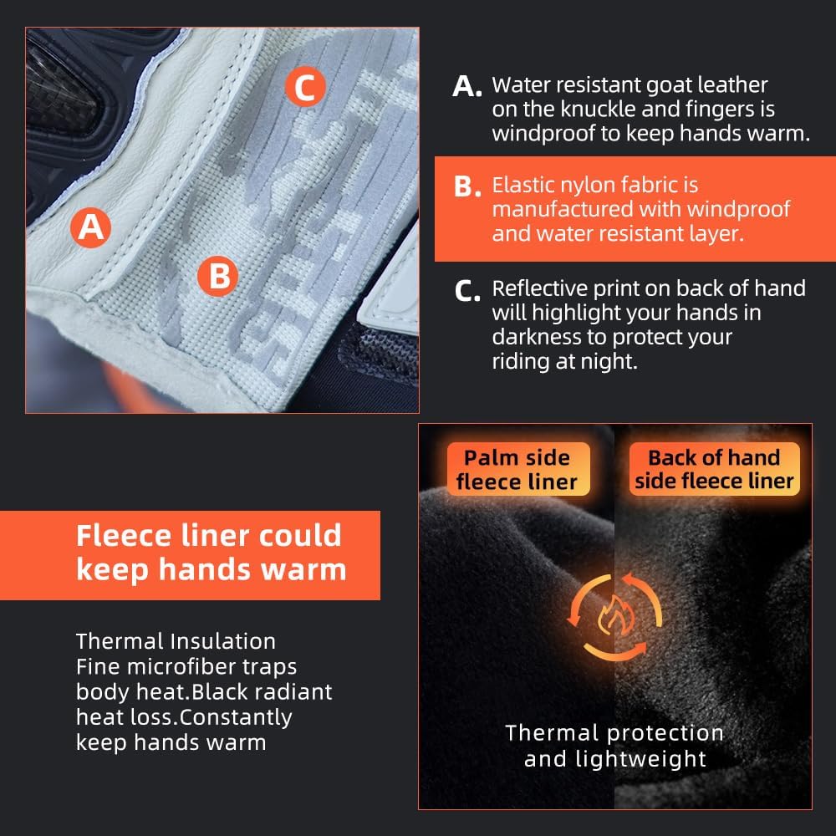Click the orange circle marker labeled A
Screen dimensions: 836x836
pyautogui.click(x=90, y=227)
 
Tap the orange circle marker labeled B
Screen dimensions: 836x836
pyautogui.click(x=217, y=276)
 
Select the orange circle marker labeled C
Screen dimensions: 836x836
pyautogui.click(x=305, y=87)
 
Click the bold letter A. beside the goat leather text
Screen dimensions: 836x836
pyautogui.click(x=467, y=86)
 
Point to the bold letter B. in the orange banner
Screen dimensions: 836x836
pyautogui.click(x=467, y=186)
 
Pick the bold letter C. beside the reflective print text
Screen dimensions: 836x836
pyautogui.click(x=467, y=291)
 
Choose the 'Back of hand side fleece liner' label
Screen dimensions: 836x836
pyautogui.click(x=715, y=469)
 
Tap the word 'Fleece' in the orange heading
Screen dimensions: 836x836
pyautogui.click(x=125, y=535)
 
